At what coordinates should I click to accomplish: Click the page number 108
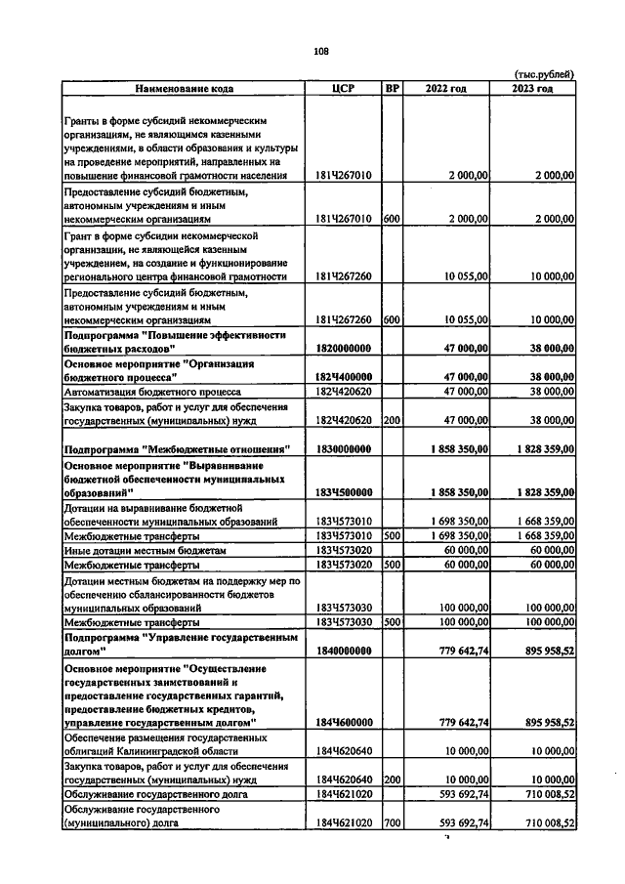[x=320, y=52]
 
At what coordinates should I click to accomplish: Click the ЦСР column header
[x=342, y=89]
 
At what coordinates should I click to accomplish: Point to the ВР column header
[x=393, y=89]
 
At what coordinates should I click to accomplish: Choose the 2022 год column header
[x=445, y=89]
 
